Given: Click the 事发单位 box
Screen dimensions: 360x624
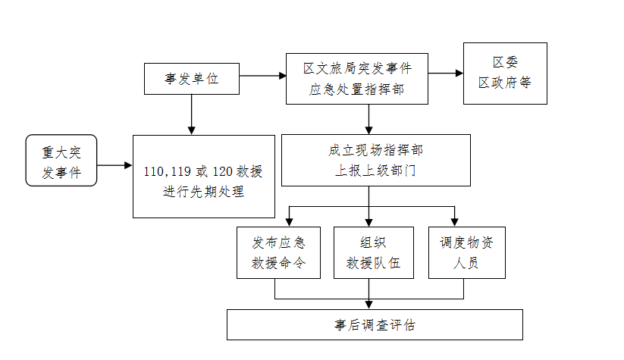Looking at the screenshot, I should [x=191, y=79].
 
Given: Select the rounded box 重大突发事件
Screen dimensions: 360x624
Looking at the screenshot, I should [x=61, y=160].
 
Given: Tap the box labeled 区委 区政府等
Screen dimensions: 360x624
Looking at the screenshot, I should [x=505, y=73].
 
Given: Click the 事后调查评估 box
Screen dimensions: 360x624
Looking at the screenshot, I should [x=375, y=325].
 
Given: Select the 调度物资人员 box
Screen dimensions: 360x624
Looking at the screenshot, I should [x=466, y=252].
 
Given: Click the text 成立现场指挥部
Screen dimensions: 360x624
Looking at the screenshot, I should [x=375, y=150].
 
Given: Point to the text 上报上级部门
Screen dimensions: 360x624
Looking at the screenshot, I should [x=375, y=171].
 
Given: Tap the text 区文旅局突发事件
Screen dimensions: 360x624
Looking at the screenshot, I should [x=357, y=68].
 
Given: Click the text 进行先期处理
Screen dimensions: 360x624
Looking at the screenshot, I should [x=204, y=192].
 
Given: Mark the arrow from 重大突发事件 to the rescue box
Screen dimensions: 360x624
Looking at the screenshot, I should [x=114, y=164].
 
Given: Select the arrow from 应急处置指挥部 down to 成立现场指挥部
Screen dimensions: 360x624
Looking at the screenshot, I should [x=369, y=118].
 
